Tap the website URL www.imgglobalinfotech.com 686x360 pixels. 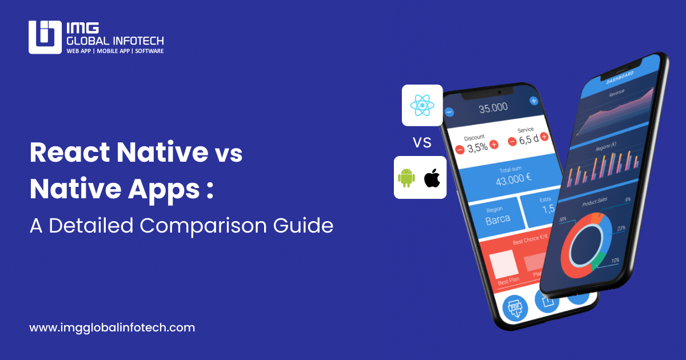click(112, 328)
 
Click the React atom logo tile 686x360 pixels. click(422, 105)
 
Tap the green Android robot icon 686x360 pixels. click(406, 178)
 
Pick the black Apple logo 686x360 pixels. click(433, 178)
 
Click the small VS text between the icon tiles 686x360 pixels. click(422, 142)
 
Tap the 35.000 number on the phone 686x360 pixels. click(493, 107)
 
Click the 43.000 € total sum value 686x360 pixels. click(513, 177)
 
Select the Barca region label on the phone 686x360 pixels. click(497, 219)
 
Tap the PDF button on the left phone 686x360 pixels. click(514, 309)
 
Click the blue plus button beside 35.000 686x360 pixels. click(534, 101)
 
